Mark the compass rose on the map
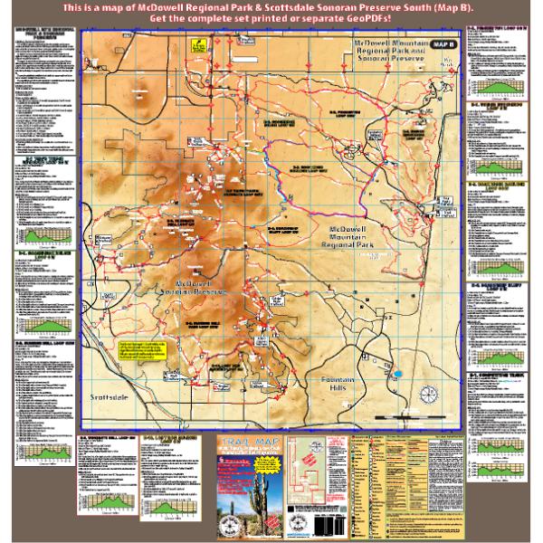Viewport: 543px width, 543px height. pyautogui.click(x=429, y=395)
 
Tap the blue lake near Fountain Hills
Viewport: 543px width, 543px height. pyautogui.click(x=396, y=371)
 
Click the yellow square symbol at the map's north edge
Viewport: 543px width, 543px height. pyautogui.click(x=198, y=43)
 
